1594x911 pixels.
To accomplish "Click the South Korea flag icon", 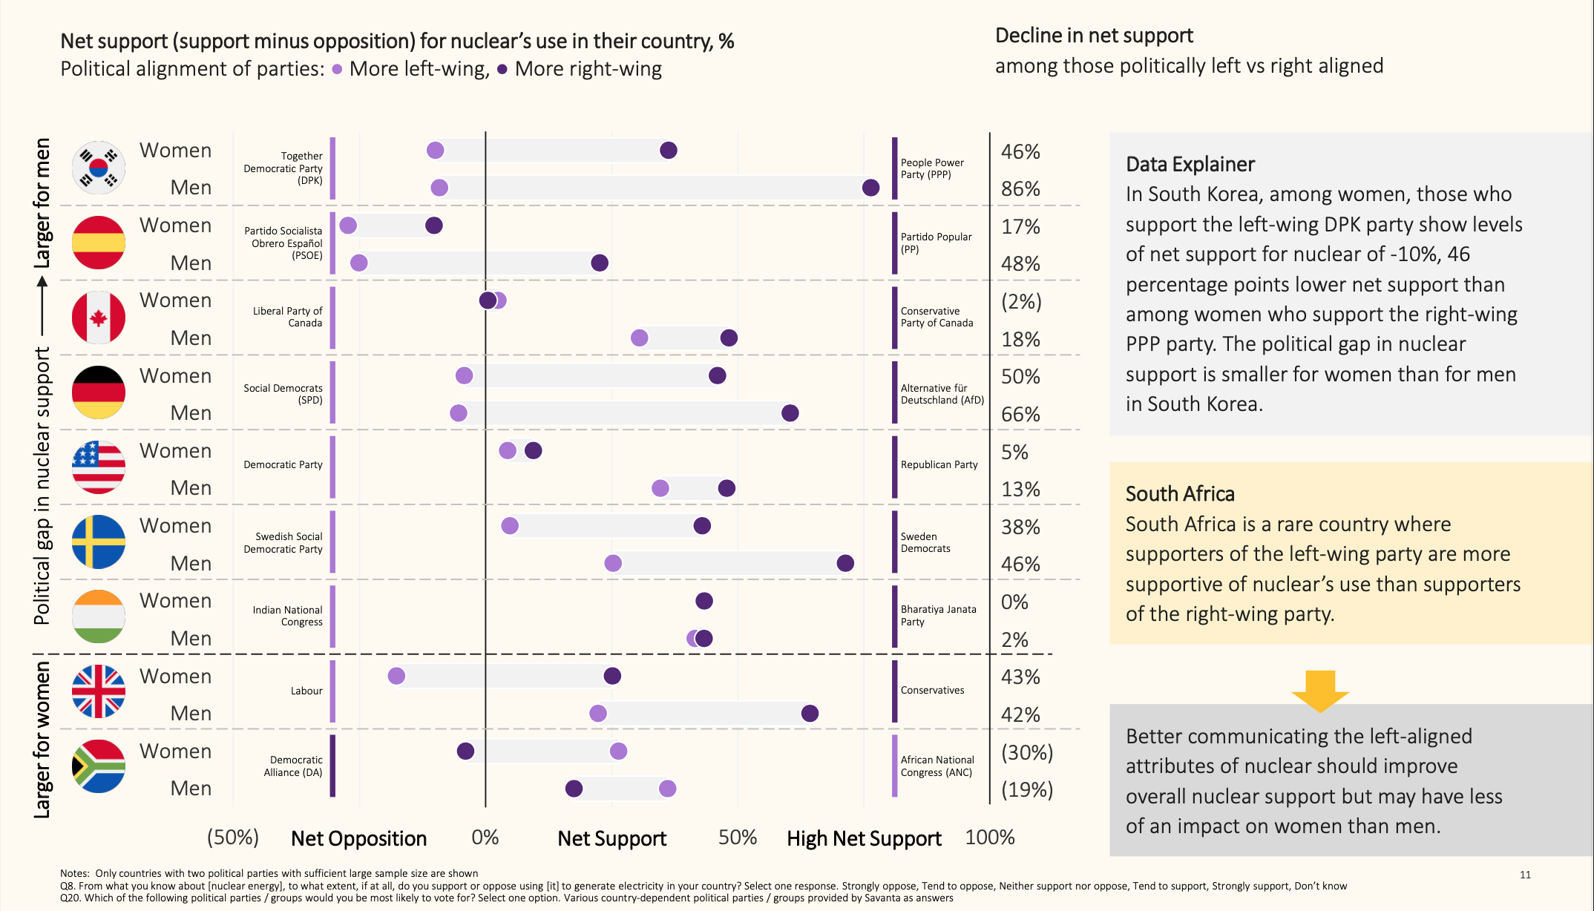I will [x=99, y=168].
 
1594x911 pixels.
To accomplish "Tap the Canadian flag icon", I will [x=99, y=318].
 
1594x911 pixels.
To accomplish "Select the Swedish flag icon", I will [x=99, y=542].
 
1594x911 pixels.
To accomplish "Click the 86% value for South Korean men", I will [x=1020, y=188].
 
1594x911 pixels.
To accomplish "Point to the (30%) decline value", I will [x=1027, y=752].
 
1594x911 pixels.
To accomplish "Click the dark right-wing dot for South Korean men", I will [x=870, y=188].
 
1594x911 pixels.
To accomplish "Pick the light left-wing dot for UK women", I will [x=397, y=676].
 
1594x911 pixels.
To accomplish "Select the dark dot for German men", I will [x=790, y=413].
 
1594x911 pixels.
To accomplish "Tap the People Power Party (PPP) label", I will [x=932, y=168].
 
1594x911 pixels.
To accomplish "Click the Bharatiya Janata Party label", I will [x=938, y=616].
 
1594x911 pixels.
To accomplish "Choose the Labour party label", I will [x=306, y=691].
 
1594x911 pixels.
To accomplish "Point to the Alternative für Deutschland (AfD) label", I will [x=942, y=394].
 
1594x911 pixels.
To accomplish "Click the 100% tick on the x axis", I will [x=990, y=837].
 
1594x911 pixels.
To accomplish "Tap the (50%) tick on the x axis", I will [x=233, y=837].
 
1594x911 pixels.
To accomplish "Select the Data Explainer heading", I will [x=1190, y=164].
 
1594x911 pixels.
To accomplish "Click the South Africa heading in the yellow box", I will [x=1180, y=494].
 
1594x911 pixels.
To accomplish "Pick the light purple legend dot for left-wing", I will [x=337, y=69].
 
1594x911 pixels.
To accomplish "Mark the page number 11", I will [x=1525, y=875].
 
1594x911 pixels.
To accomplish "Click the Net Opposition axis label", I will [x=358, y=838].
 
